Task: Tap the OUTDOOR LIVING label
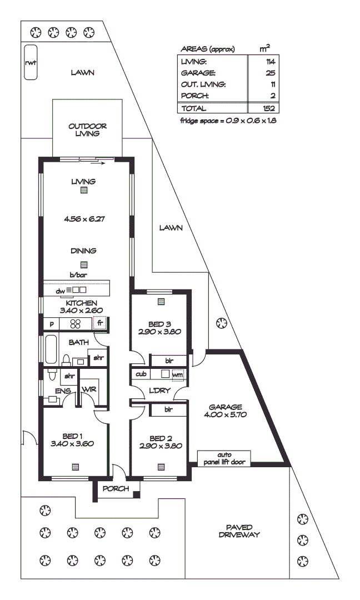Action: pyautogui.click(x=87, y=129)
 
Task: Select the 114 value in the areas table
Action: pyautogui.click(x=271, y=61)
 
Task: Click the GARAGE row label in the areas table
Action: pyautogui.click(x=198, y=73)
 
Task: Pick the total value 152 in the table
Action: pyautogui.click(x=269, y=108)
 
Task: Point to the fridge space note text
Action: pyautogui.click(x=228, y=121)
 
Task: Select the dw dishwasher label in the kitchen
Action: pyautogui.click(x=60, y=290)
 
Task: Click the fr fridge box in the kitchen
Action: pyautogui.click(x=100, y=323)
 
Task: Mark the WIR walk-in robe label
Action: pyautogui.click(x=89, y=389)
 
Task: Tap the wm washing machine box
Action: pyautogui.click(x=177, y=374)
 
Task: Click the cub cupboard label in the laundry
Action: pyautogui.click(x=141, y=374)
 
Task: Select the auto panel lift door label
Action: pyautogui.click(x=224, y=458)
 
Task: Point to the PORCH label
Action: pyautogui.click(x=116, y=489)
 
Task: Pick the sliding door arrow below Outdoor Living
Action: pyautogui.click(x=98, y=164)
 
